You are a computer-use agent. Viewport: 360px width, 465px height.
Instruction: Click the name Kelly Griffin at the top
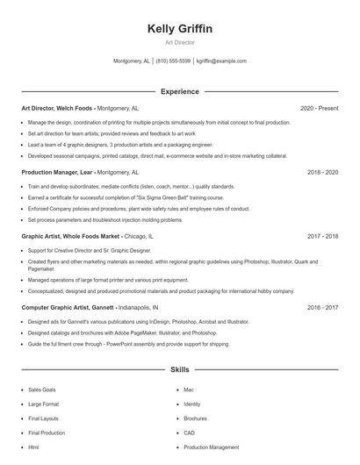[180, 29]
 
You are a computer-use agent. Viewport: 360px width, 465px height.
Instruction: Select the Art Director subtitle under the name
[180, 42]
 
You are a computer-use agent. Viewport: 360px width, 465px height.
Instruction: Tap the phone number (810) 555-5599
[173, 61]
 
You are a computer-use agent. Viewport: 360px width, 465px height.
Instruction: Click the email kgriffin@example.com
[221, 61]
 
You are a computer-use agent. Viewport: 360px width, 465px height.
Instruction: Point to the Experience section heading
[180, 91]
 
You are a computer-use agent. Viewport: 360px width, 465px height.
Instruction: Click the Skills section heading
[180, 370]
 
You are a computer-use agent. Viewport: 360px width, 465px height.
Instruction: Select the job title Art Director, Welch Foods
[57, 108]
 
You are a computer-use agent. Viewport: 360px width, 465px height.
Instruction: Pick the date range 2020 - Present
[319, 108]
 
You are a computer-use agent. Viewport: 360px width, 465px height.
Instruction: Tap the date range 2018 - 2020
[322, 172]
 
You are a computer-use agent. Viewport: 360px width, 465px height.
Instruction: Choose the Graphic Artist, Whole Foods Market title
[70, 236]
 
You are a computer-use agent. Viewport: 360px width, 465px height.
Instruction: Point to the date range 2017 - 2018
[322, 236]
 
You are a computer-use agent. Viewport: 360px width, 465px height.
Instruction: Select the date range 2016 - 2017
[322, 308]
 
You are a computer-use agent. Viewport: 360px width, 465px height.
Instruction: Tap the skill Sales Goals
[42, 390]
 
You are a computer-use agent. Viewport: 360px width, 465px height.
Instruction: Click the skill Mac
[189, 390]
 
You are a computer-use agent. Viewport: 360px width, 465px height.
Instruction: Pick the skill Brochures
[196, 418]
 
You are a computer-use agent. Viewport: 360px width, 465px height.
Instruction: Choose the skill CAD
[190, 433]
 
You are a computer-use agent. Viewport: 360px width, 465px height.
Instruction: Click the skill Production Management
[212, 447]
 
